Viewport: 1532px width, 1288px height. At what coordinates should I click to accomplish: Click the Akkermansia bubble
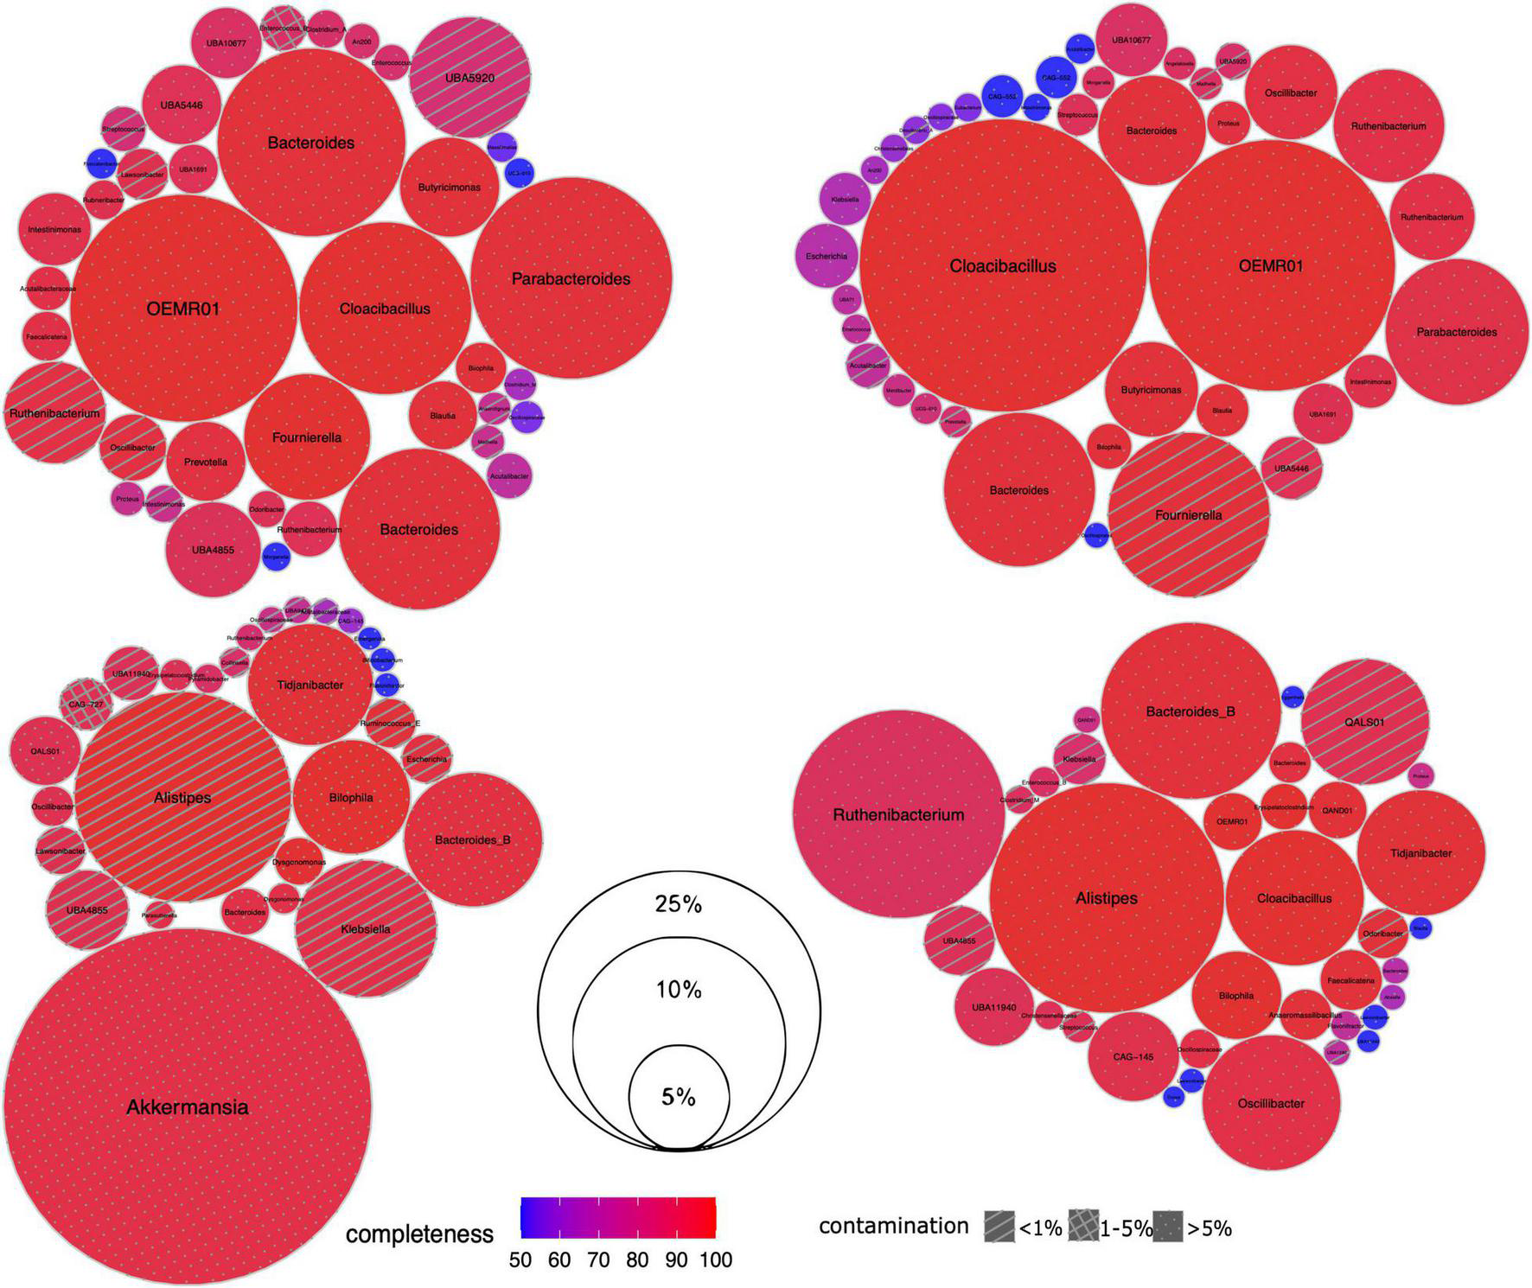188,1107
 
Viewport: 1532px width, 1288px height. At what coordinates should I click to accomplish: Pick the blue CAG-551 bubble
1002,96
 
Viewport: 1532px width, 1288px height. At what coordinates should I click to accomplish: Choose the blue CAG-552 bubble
1056,78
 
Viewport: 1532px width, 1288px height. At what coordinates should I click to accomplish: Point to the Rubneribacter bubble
104,200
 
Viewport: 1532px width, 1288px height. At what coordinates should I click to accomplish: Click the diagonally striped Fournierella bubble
1189,515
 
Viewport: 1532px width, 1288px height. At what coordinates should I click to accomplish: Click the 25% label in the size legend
679,904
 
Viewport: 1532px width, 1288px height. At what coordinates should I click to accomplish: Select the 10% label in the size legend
679,990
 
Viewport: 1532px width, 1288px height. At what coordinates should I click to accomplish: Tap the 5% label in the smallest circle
679,1097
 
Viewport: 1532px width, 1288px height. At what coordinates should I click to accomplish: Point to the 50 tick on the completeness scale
520,1260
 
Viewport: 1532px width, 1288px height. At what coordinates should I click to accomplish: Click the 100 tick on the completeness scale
714,1260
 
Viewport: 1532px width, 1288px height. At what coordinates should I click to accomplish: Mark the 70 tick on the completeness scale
598,1260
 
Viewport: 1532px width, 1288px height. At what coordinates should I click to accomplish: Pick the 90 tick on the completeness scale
676,1260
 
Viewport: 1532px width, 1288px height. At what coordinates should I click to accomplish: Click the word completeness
419,1234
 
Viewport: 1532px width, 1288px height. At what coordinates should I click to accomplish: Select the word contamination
893,1226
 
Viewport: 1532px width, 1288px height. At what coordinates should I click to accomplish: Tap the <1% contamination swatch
999,1227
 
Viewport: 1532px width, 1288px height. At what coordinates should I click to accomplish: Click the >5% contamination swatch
1171,1227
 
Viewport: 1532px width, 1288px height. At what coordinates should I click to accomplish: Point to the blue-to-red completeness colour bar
617,1217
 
